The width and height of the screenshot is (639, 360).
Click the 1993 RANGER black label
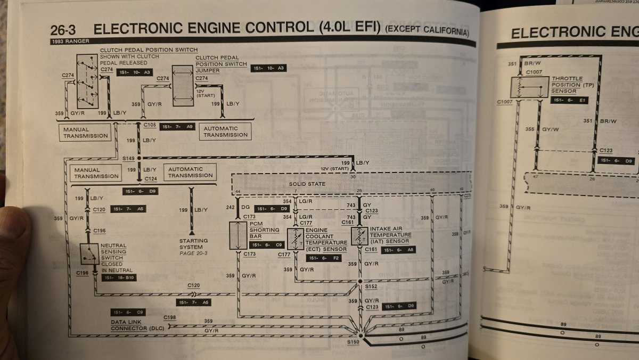click(70, 41)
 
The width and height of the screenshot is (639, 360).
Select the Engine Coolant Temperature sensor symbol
click(294, 239)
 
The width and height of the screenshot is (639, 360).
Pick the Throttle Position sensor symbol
click(529, 87)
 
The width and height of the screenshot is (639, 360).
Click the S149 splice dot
click(140, 159)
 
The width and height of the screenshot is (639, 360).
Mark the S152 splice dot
click(361, 281)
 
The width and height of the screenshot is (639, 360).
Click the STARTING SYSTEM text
click(191, 244)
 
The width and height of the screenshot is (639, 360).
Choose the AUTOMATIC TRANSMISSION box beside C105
click(225, 132)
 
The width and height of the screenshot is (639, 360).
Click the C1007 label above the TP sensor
click(533, 72)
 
